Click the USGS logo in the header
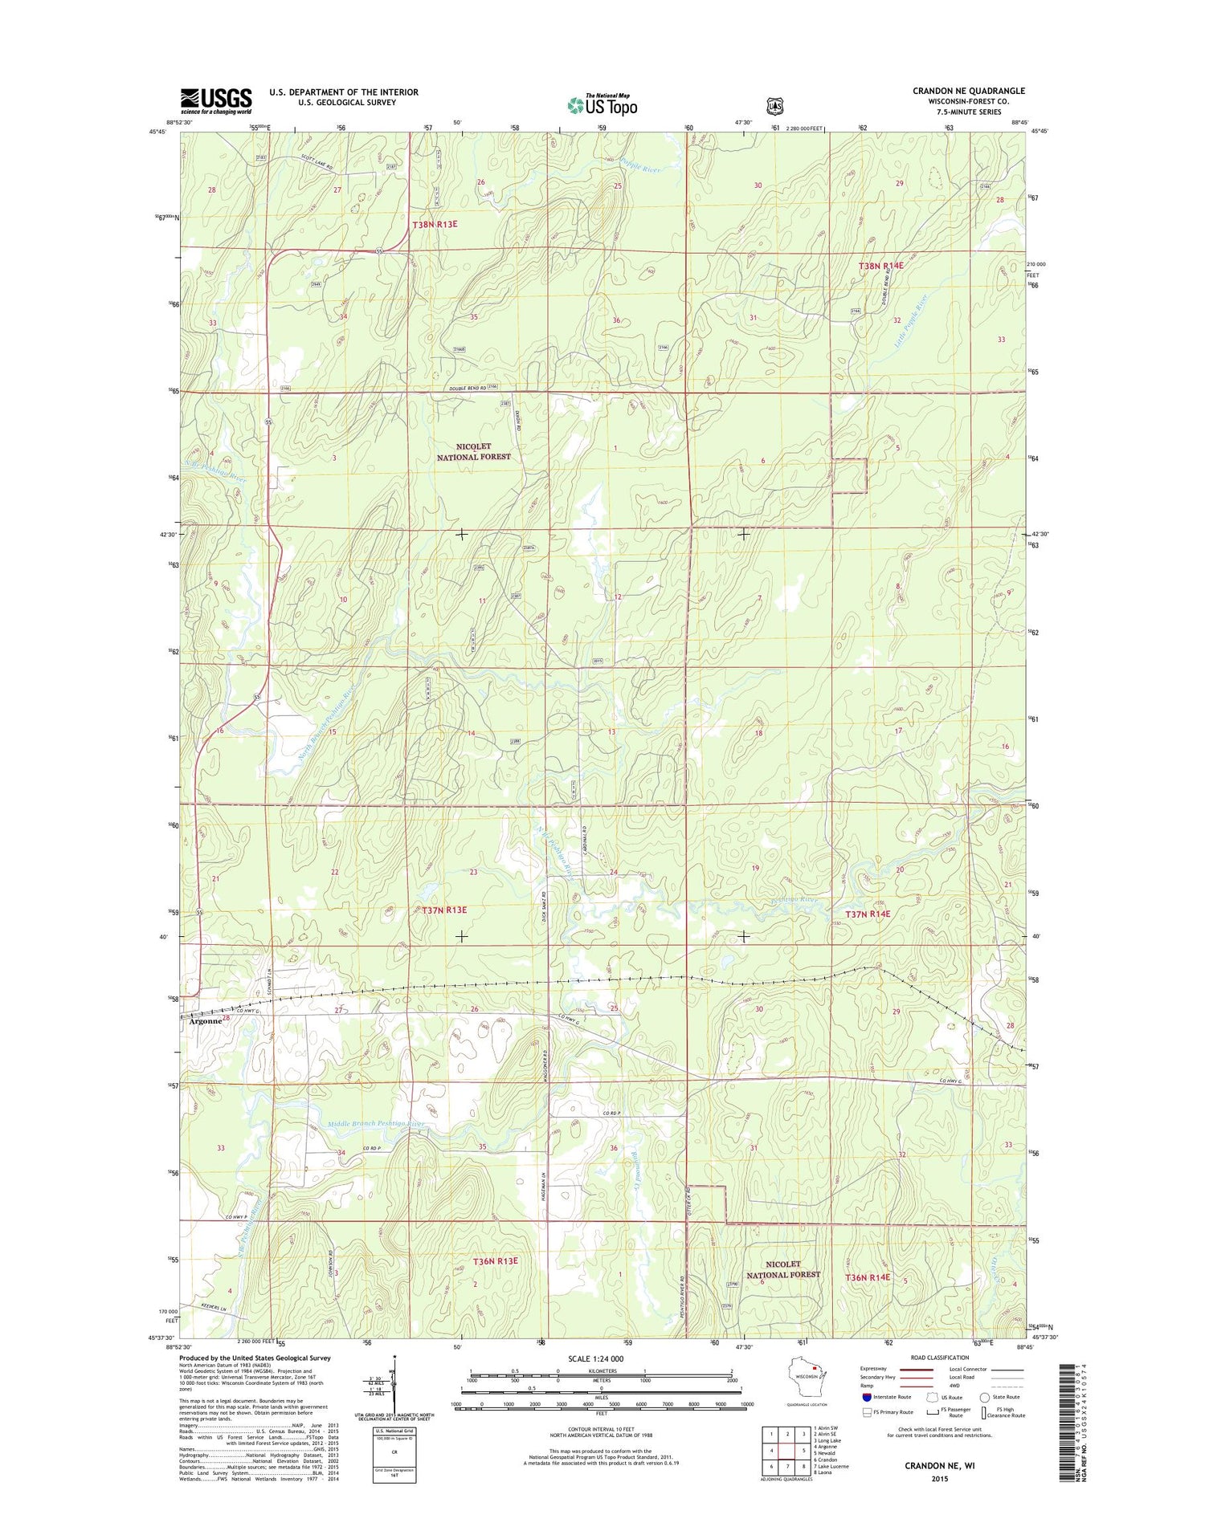pyautogui.click(x=215, y=100)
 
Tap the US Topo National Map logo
pyautogui.click(x=602, y=104)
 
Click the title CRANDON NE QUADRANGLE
pyautogui.click(x=968, y=91)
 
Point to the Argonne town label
pyautogui.click(x=205, y=1021)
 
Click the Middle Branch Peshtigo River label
pyautogui.click(x=376, y=1123)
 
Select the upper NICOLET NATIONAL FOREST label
pyautogui.click(x=473, y=451)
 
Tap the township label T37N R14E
pyautogui.click(x=868, y=914)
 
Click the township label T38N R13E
pyautogui.click(x=435, y=225)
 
